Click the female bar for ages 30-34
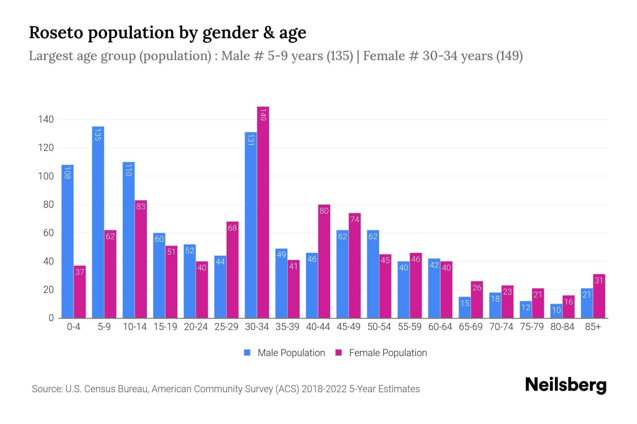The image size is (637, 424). (263, 212)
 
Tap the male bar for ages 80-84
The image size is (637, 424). (556, 311)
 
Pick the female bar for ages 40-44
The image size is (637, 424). (324, 261)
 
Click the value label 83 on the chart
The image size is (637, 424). (141, 207)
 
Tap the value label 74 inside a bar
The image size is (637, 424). (355, 219)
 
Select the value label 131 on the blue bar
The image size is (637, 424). (251, 140)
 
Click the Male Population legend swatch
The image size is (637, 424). (247, 353)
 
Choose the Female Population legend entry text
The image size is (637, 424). (388, 353)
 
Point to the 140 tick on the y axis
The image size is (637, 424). (46, 119)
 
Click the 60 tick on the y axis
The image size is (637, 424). (48, 233)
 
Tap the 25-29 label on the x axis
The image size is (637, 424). (226, 327)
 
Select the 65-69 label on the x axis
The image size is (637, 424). (471, 327)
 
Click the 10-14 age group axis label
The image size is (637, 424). (135, 327)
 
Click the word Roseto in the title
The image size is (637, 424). (56, 33)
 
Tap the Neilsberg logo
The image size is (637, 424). (566, 385)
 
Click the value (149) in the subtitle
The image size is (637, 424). (509, 56)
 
